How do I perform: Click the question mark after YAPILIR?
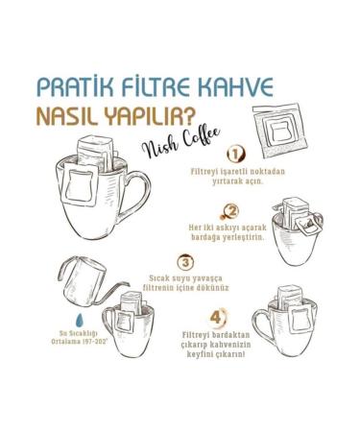(189, 116)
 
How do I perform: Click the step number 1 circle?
(235, 155)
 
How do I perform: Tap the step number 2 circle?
(231, 211)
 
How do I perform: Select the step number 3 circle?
(185, 262)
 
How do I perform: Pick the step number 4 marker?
(218, 318)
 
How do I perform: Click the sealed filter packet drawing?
(279, 132)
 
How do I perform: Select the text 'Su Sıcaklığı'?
(80, 333)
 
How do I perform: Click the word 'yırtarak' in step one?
(228, 180)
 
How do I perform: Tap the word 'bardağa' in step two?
(205, 237)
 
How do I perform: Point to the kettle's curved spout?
(112, 292)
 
